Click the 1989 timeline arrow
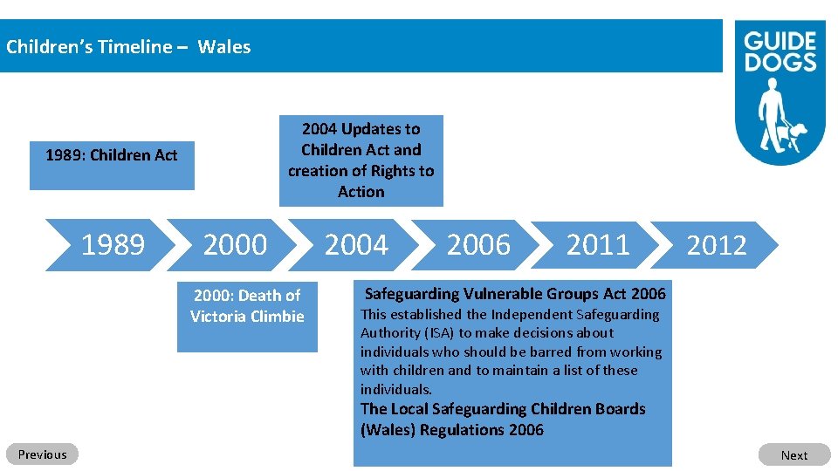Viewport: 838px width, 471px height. point(113,245)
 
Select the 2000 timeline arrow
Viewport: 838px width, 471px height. point(235,245)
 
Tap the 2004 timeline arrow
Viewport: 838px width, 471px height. point(356,245)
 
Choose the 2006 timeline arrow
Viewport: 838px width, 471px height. point(478,245)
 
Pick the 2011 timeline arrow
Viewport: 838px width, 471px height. point(598,245)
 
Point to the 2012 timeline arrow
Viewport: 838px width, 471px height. point(717,246)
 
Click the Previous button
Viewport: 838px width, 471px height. point(42,454)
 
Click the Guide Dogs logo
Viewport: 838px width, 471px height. point(780,91)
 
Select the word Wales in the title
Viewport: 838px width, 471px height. point(224,47)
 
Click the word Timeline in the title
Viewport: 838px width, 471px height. point(134,47)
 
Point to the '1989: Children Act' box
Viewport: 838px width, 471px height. point(112,165)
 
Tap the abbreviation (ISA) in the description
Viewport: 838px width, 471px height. point(438,333)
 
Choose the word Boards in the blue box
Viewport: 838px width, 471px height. point(616,409)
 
